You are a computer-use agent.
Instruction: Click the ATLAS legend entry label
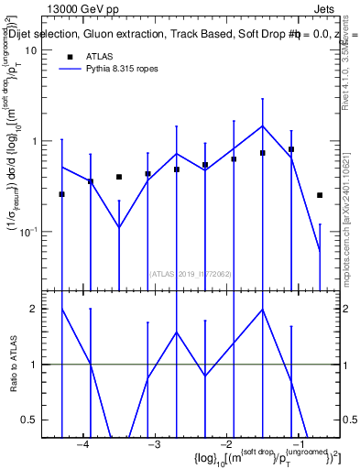click(x=100, y=57)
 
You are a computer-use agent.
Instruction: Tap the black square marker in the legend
click(x=69, y=57)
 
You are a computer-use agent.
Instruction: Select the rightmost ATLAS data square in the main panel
click(x=320, y=195)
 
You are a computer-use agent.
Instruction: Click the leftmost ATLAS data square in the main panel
click(x=61, y=194)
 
